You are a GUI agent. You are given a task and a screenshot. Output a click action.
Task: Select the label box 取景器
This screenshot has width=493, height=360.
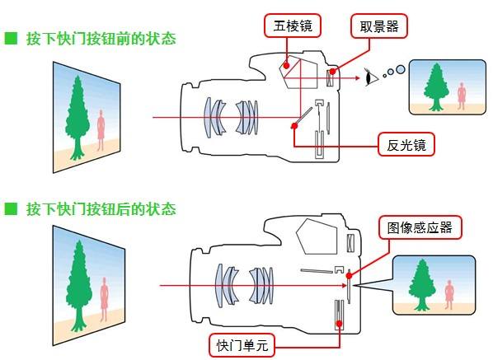(x=378, y=26)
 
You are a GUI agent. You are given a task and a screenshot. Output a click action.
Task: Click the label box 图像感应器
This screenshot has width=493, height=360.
(x=420, y=227)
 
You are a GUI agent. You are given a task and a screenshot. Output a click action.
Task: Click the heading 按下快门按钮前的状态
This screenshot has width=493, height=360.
(x=101, y=39)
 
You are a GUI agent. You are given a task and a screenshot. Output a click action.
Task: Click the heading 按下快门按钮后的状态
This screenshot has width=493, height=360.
(x=101, y=208)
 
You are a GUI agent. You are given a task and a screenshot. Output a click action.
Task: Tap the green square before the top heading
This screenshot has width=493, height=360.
(x=11, y=39)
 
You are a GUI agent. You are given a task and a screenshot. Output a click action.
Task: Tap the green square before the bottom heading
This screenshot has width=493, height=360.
(x=11, y=208)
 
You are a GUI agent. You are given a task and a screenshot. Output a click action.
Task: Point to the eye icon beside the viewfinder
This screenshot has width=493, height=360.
(x=370, y=78)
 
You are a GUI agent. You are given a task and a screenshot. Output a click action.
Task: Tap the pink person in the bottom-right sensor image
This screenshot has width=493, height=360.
(x=448, y=292)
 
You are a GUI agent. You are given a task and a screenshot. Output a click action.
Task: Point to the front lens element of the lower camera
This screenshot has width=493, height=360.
(x=219, y=286)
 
